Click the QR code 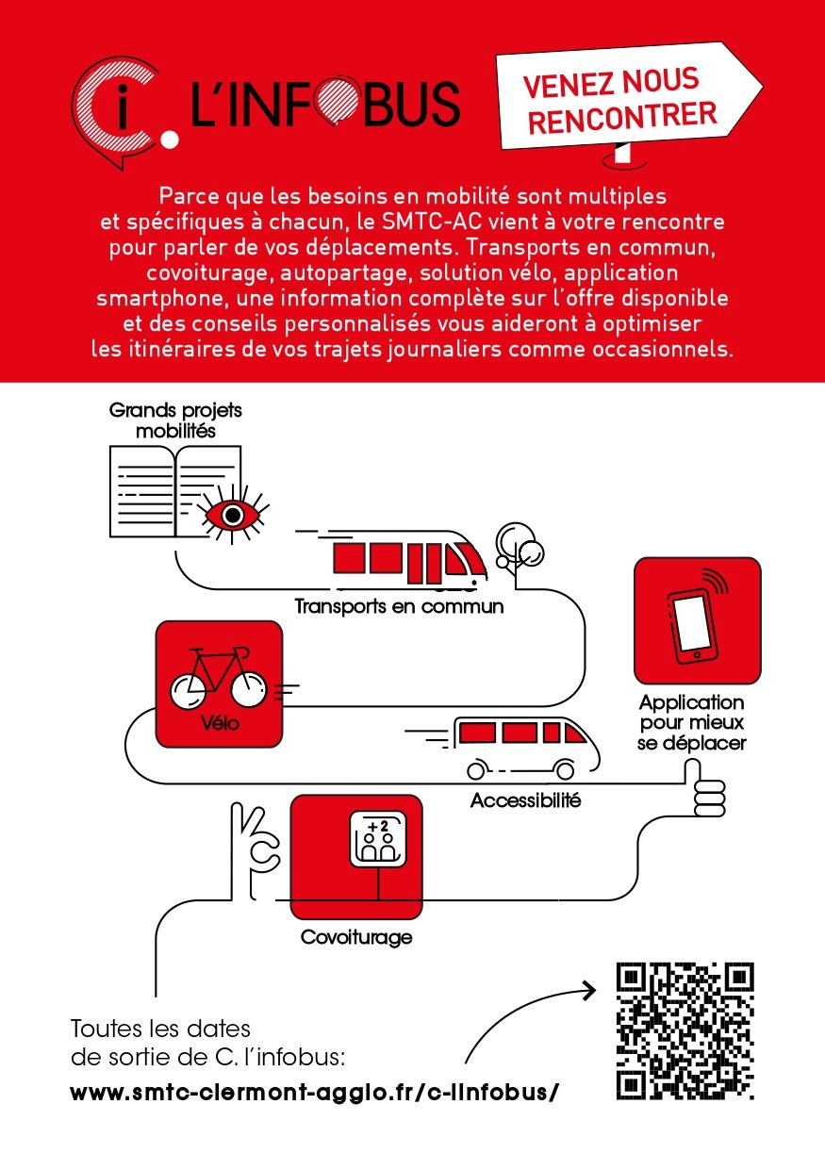click(685, 1031)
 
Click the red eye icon click(227, 515)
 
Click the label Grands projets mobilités click(162, 421)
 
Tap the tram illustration click(410, 558)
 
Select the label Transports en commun click(399, 605)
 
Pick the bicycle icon click(218, 679)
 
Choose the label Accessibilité click(526, 802)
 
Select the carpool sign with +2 click(381, 837)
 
